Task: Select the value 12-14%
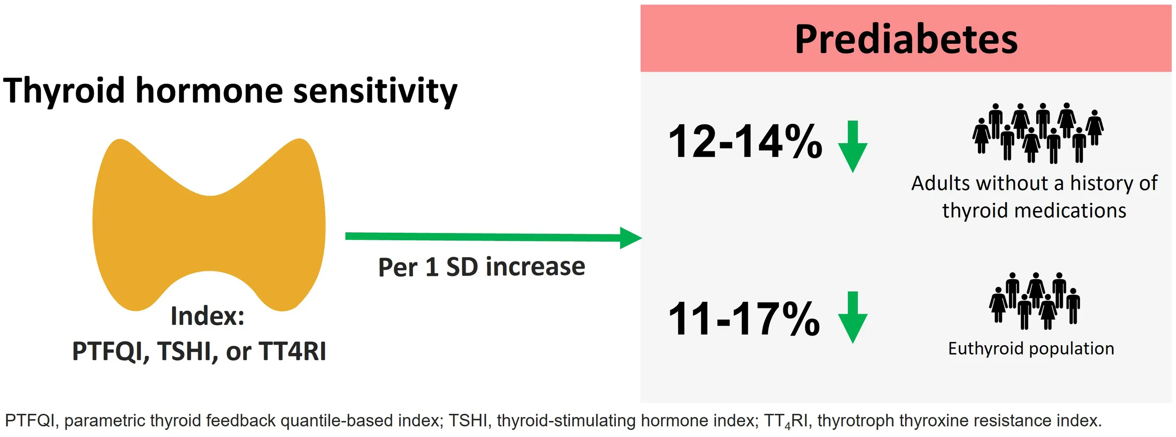click(745, 141)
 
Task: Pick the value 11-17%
click(744, 319)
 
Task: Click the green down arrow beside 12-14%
click(852, 146)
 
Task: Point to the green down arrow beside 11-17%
click(852, 317)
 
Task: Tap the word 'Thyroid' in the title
click(64, 91)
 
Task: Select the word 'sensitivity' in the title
click(375, 91)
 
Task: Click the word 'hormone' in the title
click(209, 90)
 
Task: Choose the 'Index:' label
click(207, 316)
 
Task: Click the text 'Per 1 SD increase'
click(482, 267)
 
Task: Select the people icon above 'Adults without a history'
click(1038, 133)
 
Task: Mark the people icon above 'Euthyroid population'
click(1034, 301)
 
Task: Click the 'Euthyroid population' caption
click(1031, 349)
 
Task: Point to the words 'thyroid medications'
click(1034, 210)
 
